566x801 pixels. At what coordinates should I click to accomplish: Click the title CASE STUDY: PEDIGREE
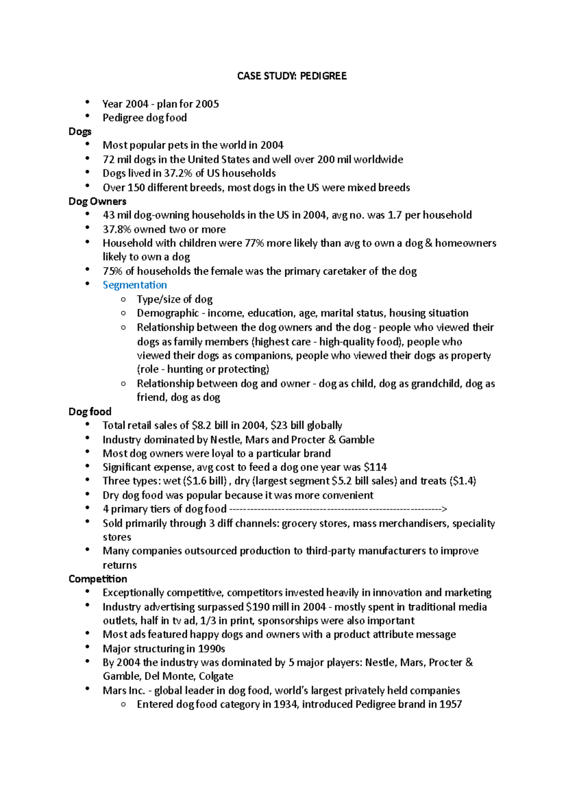click(x=291, y=76)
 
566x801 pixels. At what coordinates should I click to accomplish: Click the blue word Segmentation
click(x=135, y=285)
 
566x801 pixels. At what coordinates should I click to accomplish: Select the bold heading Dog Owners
click(x=97, y=201)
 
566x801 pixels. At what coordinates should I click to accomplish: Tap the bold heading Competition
click(x=98, y=579)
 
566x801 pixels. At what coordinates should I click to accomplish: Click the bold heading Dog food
click(x=90, y=411)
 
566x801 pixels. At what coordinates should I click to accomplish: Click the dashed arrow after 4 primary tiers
click(x=338, y=509)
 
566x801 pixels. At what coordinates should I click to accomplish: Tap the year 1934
click(x=285, y=704)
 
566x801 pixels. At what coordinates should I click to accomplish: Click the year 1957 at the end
click(x=450, y=704)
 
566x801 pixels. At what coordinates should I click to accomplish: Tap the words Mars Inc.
click(x=124, y=691)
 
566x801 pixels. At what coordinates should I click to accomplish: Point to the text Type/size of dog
click(x=175, y=300)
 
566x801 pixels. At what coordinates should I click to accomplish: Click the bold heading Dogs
click(x=80, y=132)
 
